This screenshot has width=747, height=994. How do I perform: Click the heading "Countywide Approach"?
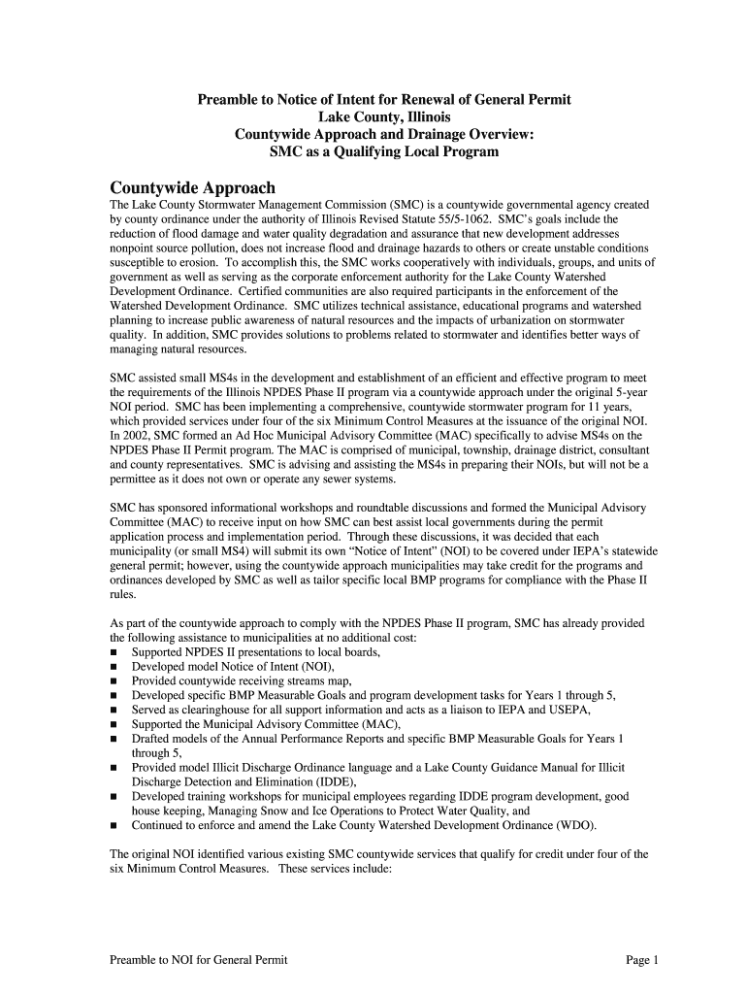(x=192, y=187)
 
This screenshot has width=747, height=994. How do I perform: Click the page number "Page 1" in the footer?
(x=642, y=960)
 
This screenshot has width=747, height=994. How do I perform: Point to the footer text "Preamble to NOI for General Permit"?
(x=198, y=960)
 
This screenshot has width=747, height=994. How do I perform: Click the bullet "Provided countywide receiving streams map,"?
(x=243, y=681)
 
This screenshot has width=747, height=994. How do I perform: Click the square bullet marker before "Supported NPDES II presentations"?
(x=114, y=653)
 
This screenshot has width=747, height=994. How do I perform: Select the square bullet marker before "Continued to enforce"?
(x=114, y=826)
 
